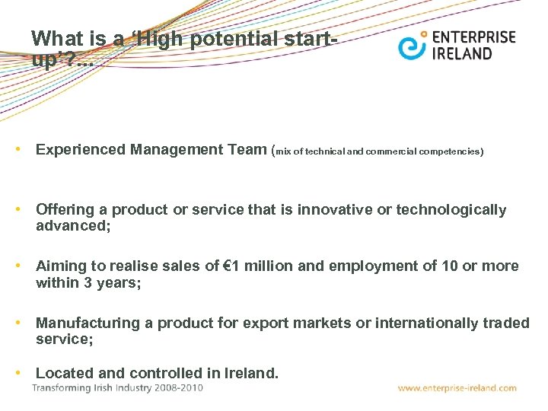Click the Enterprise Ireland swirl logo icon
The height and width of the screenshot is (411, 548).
click(412, 45)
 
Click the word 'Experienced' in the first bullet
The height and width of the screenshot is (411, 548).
click(81, 150)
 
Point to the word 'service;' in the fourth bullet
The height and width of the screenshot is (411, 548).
click(65, 340)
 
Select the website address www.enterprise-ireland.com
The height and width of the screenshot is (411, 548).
click(457, 388)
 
